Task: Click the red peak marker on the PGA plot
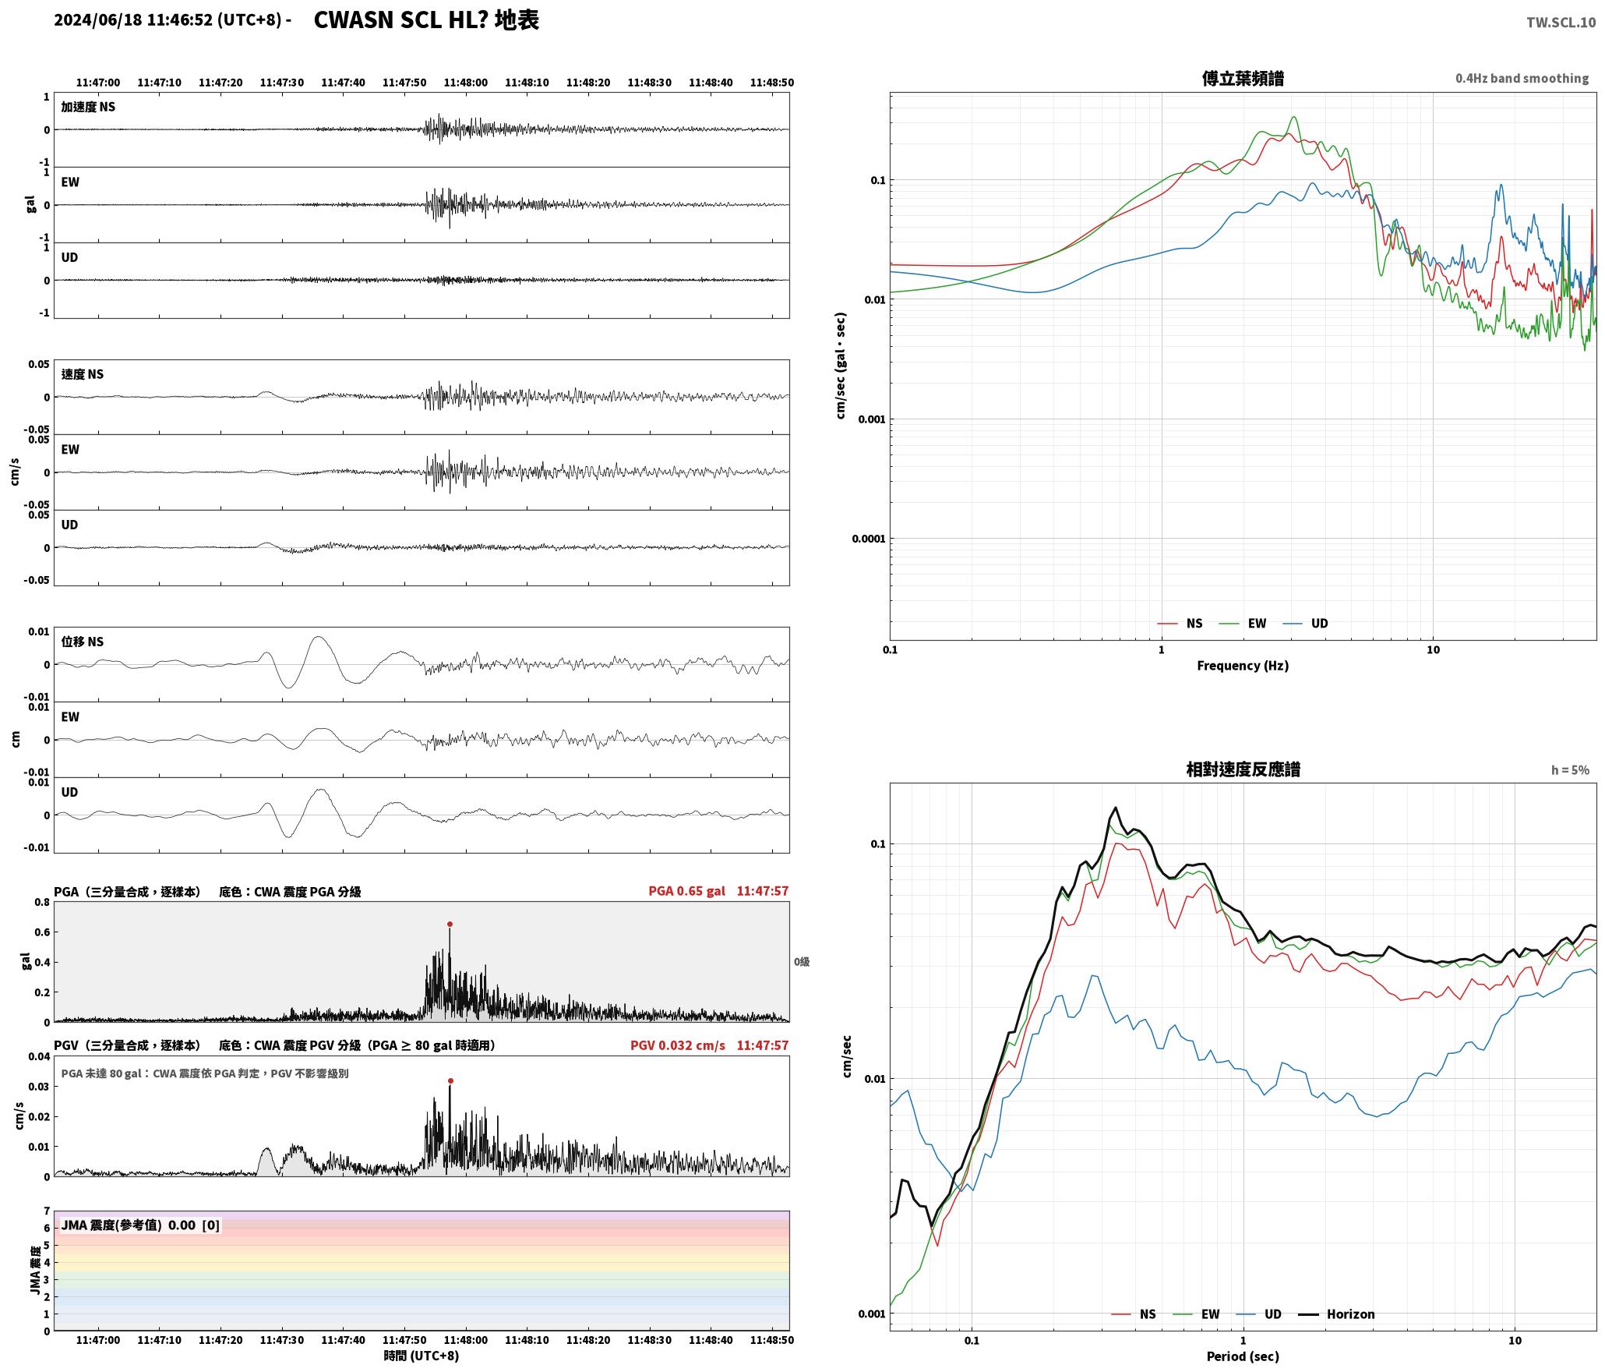pos(450,925)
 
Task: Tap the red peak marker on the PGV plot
pos(450,1081)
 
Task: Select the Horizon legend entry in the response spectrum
pos(1336,1314)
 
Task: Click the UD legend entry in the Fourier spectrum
pos(1306,624)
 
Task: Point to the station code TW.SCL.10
pos(1561,23)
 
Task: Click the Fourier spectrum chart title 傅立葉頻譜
pos(1243,79)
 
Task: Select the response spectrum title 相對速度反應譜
pos(1243,769)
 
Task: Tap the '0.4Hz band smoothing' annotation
pos(1522,79)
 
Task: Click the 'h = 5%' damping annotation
pos(1570,770)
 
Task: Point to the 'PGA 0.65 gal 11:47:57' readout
pos(718,891)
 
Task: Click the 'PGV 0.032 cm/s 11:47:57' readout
pos(710,1045)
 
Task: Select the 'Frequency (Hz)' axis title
pos(1243,666)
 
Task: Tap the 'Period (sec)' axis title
pos(1243,1356)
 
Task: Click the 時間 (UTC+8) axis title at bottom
pos(422,1356)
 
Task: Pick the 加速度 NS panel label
pos(88,107)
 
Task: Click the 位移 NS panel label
pos(83,642)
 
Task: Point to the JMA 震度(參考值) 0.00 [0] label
pos(140,1225)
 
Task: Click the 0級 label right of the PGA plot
pos(802,962)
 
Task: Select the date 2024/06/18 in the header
pos(98,20)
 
